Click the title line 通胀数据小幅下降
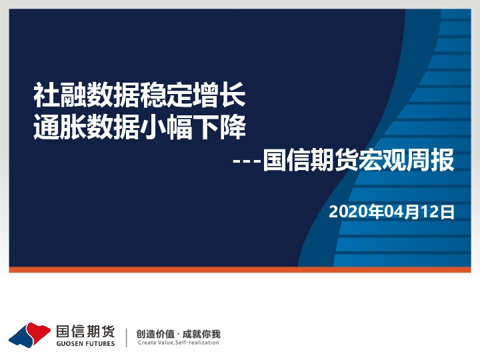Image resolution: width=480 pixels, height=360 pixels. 139,127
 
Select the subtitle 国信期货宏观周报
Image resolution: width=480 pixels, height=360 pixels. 359,161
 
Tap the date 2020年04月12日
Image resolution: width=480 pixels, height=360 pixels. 391,213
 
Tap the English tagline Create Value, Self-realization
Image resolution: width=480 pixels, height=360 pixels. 177,343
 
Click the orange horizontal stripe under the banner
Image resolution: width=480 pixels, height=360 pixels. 240,269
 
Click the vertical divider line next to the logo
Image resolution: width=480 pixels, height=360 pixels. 126,337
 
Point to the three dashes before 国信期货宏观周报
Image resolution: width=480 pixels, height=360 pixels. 249,162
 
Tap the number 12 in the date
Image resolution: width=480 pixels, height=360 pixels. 433,213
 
